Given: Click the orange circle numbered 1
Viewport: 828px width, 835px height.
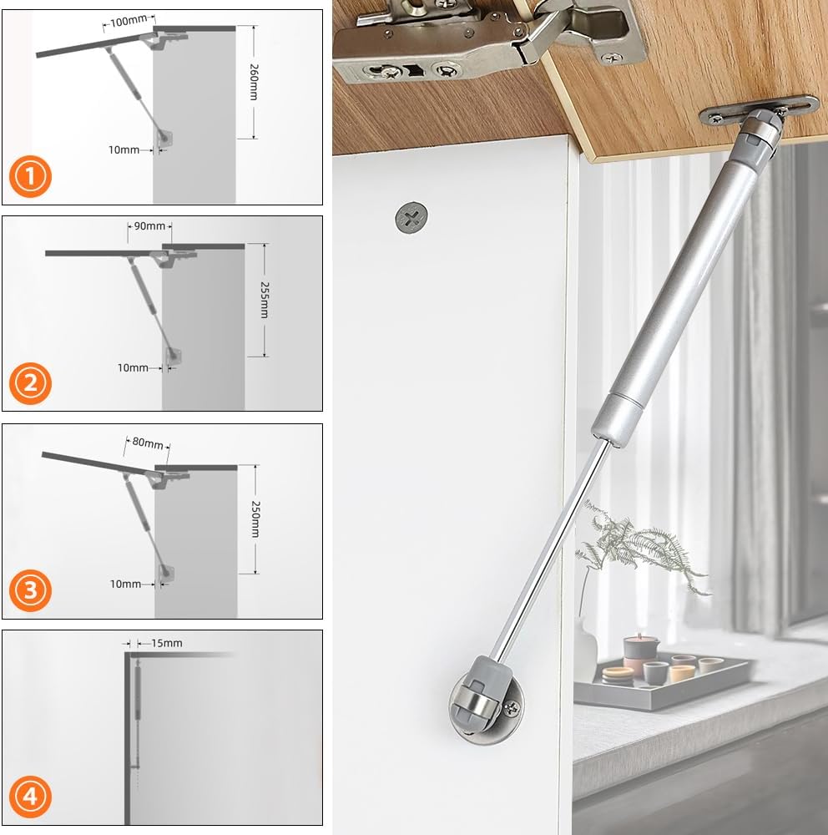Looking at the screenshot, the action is [x=30, y=176].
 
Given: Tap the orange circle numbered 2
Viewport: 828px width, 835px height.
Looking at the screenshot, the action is [x=30, y=383].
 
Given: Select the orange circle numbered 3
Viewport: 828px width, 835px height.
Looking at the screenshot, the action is [x=30, y=590].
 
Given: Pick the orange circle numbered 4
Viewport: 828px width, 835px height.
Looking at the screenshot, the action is [x=30, y=797].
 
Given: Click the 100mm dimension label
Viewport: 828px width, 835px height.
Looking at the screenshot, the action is [x=129, y=21].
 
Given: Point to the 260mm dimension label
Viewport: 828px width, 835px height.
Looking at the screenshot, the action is [x=254, y=82].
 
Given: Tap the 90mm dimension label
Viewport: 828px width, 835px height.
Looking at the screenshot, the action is [x=149, y=225].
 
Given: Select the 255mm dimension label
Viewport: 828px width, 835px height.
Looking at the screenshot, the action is [x=264, y=300].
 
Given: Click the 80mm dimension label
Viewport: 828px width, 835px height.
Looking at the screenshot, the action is [x=148, y=443].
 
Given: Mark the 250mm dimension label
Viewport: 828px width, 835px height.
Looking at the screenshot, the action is [x=255, y=519].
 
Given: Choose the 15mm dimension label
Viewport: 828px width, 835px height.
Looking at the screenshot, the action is [x=167, y=643].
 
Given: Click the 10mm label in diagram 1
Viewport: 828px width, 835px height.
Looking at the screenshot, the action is [x=124, y=150].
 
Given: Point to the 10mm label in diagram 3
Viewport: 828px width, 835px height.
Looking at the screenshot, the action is [x=125, y=584].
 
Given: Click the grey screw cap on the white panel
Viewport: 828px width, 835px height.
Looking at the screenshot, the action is [x=411, y=217].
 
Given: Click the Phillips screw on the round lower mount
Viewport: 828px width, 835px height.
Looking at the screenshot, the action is [x=511, y=708].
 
